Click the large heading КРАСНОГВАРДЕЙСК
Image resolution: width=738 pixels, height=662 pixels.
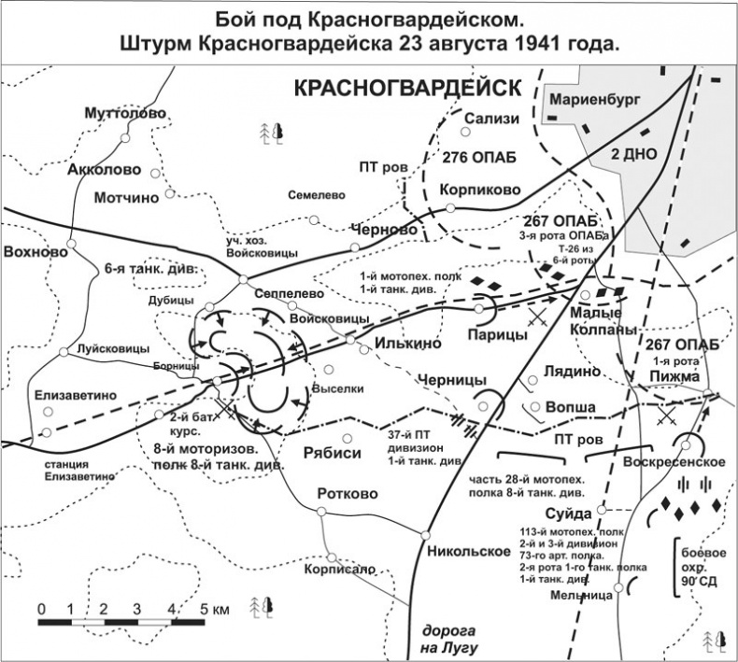tap(407, 88)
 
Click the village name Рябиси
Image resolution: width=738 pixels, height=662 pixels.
tap(332, 451)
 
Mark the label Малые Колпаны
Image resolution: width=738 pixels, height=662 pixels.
tap(603, 320)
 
